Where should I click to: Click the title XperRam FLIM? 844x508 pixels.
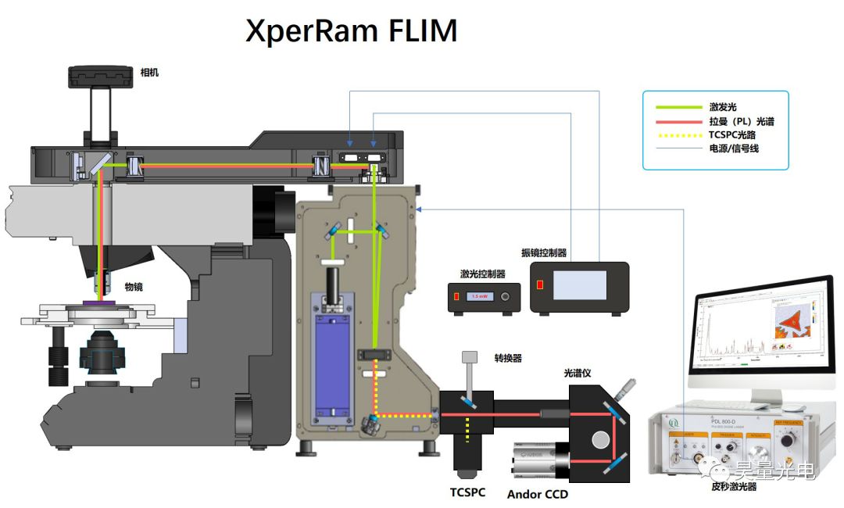pyautogui.click(x=352, y=31)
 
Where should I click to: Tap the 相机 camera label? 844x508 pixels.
pyautogui.click(x=149, y=73)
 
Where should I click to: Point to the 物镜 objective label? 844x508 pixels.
pyautogui.click(x=134, y=287)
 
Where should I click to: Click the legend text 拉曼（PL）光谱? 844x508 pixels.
pyautogui.click(x=742, y=121)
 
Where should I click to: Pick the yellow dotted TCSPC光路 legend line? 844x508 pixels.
pyautogui.click(x=674, y=134)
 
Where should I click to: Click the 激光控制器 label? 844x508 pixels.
pyautogui.click(x=482, y=274)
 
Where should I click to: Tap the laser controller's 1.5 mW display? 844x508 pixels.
pyautogui.click(x=479, y=297)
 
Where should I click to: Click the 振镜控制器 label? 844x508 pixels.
pyautogui.click(x=544, y=253)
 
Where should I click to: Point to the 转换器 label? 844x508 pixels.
pyautogui.click(x=507, y=358)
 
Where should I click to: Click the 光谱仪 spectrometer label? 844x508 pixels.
pyautogui.click(x=578, y=374)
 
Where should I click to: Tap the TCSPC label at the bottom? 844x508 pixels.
pyautogui.click(x=467, y=492)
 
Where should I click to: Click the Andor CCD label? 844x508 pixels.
pyautogui.click(x=537, y=494)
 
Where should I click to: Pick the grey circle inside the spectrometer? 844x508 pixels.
pyautogui.click(x=600, y=439)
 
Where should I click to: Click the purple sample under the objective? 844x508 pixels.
pyautogui.click(x=102, y=302)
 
